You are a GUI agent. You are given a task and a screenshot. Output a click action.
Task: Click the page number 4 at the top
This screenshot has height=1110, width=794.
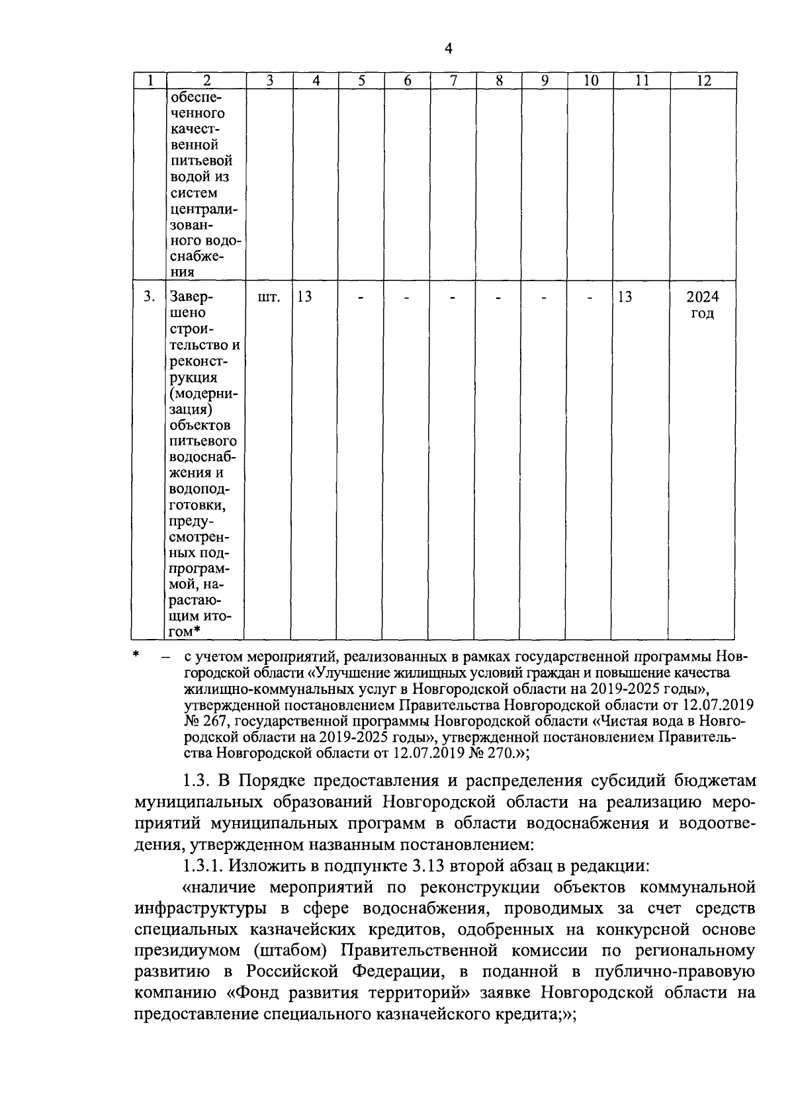point(449,48)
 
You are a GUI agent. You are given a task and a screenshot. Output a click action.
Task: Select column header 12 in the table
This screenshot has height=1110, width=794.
point(703,81)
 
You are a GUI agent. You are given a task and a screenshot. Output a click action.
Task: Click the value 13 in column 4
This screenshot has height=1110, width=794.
point(305,297)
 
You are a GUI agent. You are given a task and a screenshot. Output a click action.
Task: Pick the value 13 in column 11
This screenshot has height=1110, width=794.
point(625,297)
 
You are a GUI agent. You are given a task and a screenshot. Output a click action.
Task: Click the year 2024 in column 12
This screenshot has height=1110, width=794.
point(703,297)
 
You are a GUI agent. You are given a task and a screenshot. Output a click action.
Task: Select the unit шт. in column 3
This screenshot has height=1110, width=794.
point(269,297)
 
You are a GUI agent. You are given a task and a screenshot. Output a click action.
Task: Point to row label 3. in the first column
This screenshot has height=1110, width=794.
point(150,297)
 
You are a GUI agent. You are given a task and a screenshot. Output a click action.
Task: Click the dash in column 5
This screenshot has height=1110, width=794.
point(361,298)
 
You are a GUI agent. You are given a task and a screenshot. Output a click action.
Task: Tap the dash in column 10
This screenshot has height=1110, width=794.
point(591,298)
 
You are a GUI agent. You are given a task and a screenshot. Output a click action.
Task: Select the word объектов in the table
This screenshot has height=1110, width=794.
point(200,425)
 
